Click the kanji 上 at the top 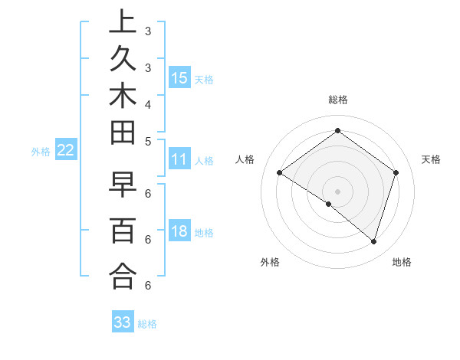click(x=123, y=22)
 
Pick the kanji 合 click(x=123, y=275)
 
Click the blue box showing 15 click(x=179, y=77)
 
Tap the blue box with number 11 click(x=179, y=159)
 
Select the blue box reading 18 click(x=179, y=231)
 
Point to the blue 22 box click(x=66, y=150)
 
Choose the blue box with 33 click(x=123, y=322)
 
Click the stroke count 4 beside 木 click(x=147, y=103)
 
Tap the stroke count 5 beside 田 click(x=147, y=141)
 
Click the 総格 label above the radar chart click(x=338, y=100)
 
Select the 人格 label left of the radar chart click(x=245, y=159)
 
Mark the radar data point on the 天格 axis click(x=396, y=173)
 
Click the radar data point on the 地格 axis click(x=373, y=241)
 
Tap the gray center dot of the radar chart click(x=337, y=191)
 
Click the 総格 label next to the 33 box click(x=147, y=324)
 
